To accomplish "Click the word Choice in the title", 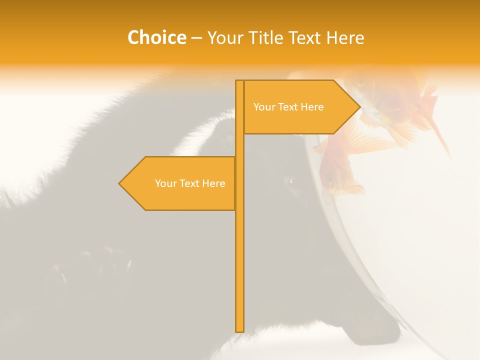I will [156, 37].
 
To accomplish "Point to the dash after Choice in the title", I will [196, 38].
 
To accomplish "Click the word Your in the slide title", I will [225, 38].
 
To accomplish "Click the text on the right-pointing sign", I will [288, 107].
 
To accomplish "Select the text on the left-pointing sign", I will [190, 183].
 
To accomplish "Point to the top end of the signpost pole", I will [240, 81].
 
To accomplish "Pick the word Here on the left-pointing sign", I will [213, 183].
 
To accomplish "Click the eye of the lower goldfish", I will [329, 178].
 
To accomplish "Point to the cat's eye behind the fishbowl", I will [291, 181].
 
